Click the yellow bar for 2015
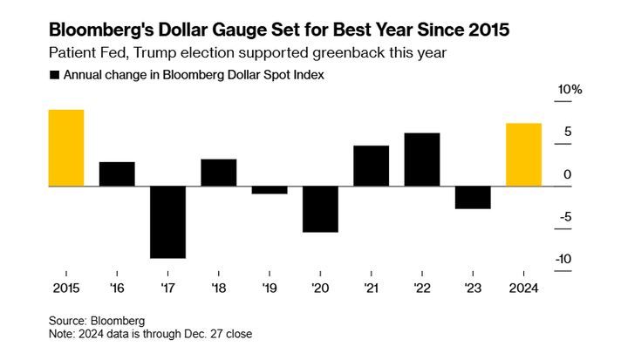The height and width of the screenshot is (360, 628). click(x=66, y=148)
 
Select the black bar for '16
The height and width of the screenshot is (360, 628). click(x=117, y=174)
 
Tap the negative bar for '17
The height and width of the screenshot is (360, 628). click(x=167, y=222)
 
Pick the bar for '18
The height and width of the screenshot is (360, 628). click(x=218, y=173)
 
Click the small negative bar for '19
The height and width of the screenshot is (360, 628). click(x=270, y=190)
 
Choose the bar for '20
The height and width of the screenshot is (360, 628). click(x=320, y=209)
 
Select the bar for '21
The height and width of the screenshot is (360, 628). click(x=371, y=166)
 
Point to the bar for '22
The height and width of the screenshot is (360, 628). click(x=422, y=160)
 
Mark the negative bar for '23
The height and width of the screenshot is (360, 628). click(x=473, y=198)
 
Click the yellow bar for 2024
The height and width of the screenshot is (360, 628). click(x=523, y=154)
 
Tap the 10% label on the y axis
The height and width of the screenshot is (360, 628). click(x=570, y=91)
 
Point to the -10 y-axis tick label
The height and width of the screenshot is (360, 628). click(x=564, y=259)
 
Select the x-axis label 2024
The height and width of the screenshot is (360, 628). click(x=524, y=288)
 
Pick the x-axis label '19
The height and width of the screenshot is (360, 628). click(x=270, y=288)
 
